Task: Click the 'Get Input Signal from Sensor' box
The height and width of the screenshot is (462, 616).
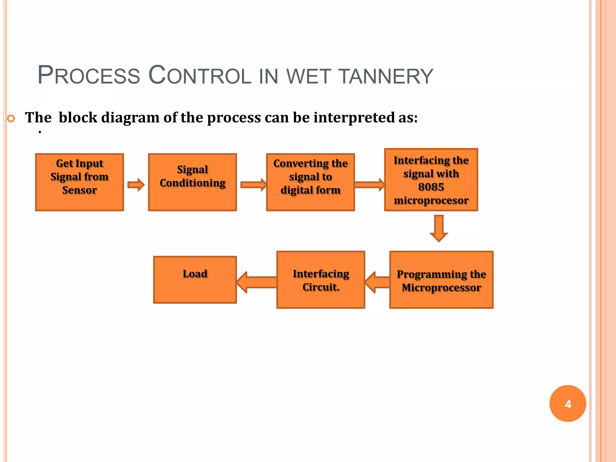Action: [x=79, y=182]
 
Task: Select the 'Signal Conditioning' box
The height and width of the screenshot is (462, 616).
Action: [x=192, y=182]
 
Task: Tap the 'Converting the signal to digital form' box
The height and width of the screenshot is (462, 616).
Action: [x=310, y=182]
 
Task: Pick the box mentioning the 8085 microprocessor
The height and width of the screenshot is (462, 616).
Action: [x=431, y=180]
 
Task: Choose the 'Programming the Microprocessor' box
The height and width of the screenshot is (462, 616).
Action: [x=441, y=280]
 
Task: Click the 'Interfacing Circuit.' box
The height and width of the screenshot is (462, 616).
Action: [x=321, y=280]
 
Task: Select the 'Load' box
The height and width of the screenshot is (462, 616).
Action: [x=195, y=280]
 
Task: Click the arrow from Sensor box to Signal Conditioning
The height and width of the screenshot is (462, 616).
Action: [x=136, y=185]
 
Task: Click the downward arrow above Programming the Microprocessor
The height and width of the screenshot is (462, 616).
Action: [x=439, y=228]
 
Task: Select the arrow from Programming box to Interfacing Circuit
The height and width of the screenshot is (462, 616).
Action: [x=377, y=282]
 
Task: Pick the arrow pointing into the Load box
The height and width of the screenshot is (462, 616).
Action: [x=257, y=282]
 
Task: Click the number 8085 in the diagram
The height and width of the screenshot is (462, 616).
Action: [x=431, y=187]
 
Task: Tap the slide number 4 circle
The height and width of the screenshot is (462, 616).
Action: [x=568, y=403]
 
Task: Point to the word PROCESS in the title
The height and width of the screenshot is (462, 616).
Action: [x=89, y=75]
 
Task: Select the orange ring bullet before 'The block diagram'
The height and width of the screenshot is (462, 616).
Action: [x=11, y=119]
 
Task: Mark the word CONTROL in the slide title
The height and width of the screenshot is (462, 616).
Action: [x=200, y=75]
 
